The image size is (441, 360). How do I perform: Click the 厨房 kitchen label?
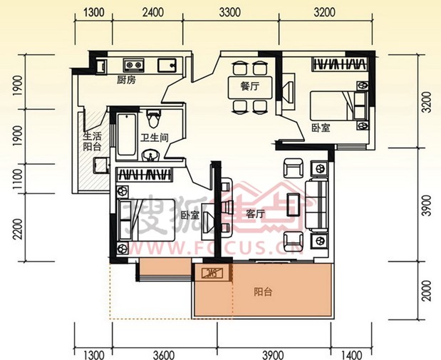[x=126, y=81]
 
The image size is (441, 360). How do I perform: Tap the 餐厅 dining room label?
[x=250, y=86]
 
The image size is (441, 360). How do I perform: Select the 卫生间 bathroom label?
[x=155, y=138]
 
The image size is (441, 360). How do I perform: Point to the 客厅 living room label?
[x=255, y=214]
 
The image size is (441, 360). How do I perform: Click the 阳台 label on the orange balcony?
[x=263, y=292]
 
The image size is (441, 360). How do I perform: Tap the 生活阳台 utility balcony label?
[x=92, y=142]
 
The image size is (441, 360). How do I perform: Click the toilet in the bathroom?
[x=154, y=118]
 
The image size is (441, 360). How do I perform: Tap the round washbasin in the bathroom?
[x=151, y=155]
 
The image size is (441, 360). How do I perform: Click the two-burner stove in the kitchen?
[x=134, y=66]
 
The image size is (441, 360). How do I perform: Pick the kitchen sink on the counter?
[x=167, y=66]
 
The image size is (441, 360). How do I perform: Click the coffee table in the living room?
[x=293, y=205]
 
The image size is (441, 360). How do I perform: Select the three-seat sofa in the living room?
[x=317, y=205]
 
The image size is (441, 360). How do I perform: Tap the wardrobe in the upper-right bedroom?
[x=341, y=64]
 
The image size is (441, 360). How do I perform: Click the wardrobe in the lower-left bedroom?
[x=144, y=174]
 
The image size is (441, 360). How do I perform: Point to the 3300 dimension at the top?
[x=230, y=13]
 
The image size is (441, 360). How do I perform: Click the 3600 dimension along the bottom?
[x=164, y=354]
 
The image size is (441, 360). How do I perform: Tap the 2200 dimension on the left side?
[x=18, y=229]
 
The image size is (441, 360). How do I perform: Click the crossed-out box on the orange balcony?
[x=212, y=273]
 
